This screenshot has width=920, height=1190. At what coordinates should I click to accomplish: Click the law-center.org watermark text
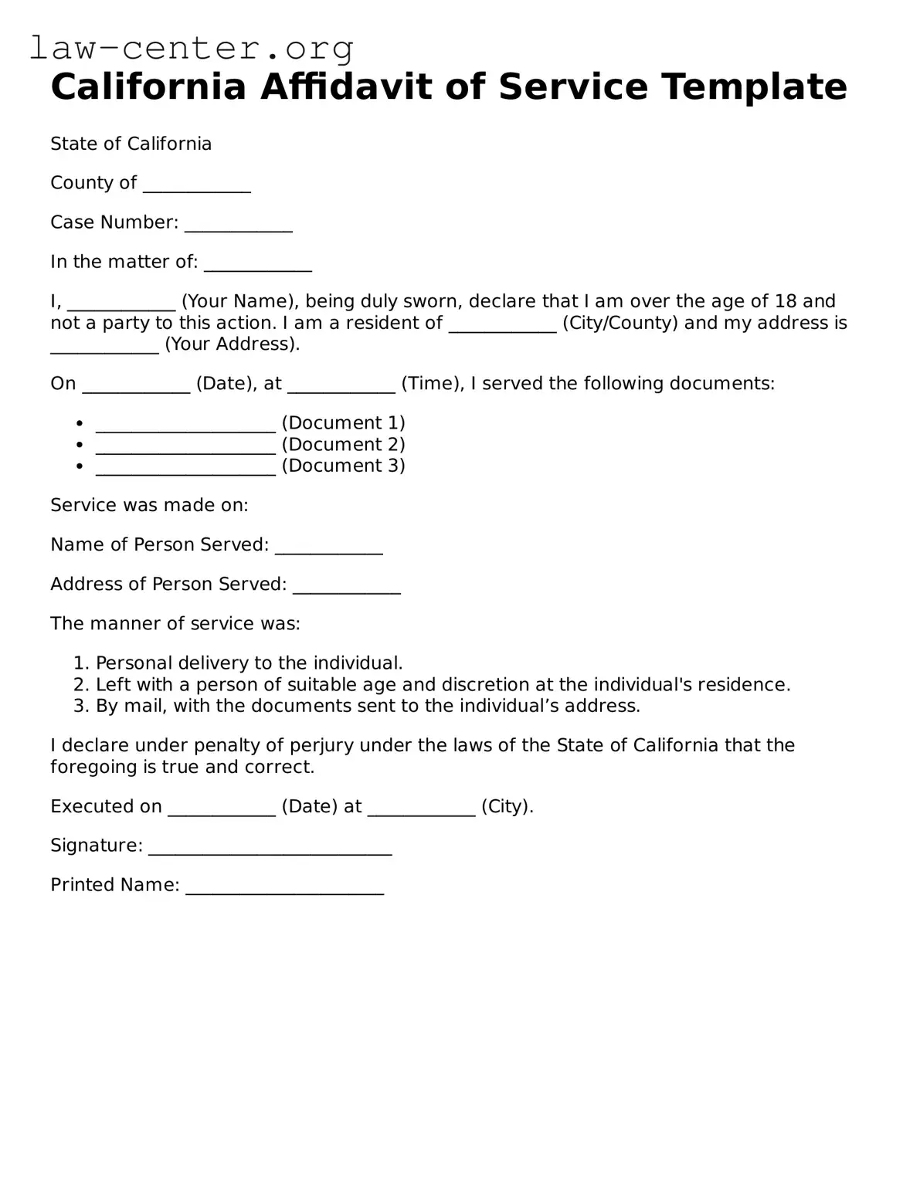point(192,48)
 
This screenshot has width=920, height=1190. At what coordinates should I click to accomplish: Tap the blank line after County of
point(197,185)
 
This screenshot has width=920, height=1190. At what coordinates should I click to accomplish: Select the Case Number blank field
point(238,225)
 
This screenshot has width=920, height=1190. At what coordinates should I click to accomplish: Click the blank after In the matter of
point(257,264)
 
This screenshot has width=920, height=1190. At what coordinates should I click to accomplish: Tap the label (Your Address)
point(232,344)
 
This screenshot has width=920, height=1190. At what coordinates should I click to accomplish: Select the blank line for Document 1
point(185,425)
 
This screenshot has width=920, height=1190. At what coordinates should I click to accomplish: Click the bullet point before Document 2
point(80,445)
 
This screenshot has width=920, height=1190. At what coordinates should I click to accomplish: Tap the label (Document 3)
point(343,466)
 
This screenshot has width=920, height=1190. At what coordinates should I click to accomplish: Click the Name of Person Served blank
point(328,548)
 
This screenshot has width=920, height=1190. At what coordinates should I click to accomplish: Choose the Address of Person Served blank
point(346,587)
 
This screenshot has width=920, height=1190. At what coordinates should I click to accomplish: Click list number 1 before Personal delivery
point(81,663)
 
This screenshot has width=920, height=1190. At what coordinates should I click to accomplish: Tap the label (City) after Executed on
point(507,807)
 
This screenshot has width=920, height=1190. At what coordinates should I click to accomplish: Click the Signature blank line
point(270,849)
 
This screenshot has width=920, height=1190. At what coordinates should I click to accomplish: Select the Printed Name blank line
point(284,888)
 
